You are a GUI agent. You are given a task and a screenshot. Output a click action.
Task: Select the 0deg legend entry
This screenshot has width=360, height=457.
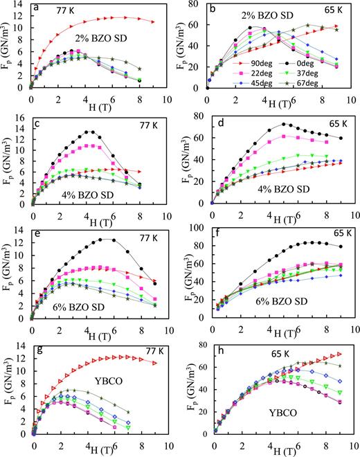click(x=319, y=62)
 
